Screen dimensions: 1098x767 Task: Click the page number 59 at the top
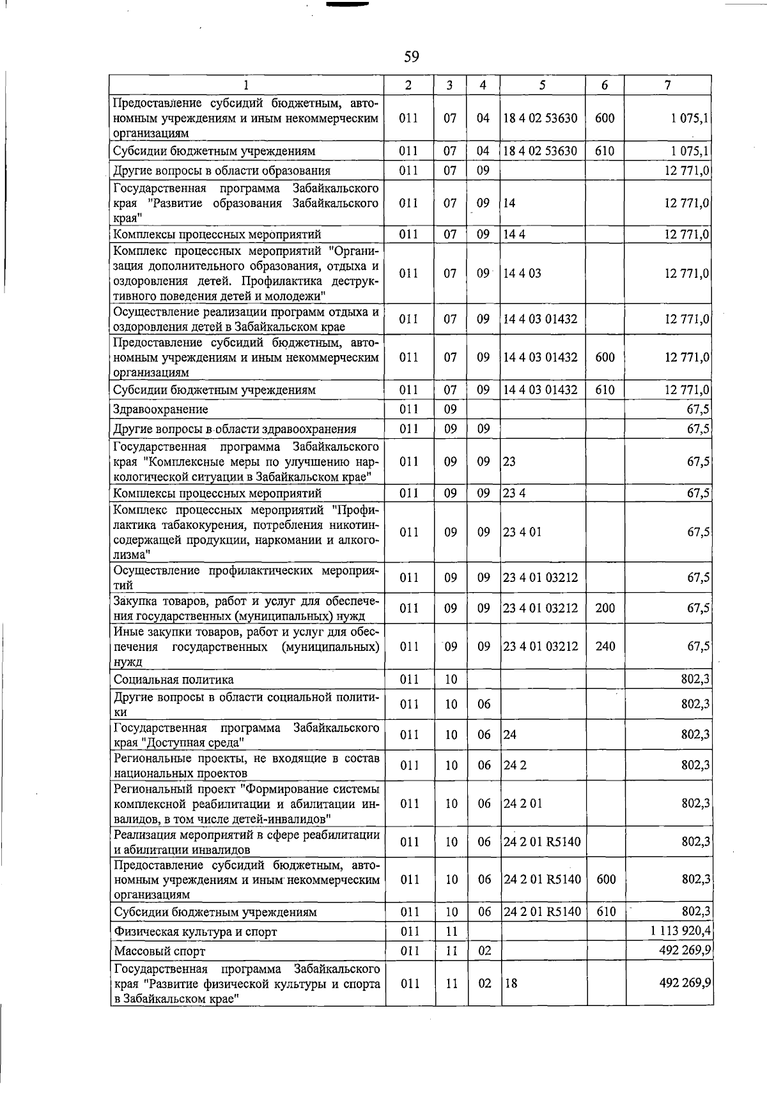(411, 57)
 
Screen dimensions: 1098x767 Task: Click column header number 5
(542, 85)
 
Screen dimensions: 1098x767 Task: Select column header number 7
(667, 85)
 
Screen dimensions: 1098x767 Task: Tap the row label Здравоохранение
(160, 409)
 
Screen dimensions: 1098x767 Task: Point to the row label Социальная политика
(173, 680)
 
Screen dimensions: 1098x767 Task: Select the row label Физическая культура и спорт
(195, 931)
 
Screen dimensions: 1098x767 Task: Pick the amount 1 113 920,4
(681, 931)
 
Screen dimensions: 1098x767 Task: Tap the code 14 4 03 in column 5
(522, 273)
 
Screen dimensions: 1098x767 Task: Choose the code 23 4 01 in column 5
(522, 532)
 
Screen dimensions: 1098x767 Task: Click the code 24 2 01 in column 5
(523, 804)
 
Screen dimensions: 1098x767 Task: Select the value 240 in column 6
(605, 646)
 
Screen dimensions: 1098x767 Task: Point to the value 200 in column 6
(605, 608)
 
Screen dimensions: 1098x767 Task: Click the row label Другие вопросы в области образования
(221, 171)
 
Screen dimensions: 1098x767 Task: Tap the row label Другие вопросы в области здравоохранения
(235, 429)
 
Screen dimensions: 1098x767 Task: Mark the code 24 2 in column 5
(515, 765)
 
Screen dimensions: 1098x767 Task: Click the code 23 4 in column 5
(514, 493)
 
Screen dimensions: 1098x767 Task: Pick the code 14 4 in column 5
(514, 234)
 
